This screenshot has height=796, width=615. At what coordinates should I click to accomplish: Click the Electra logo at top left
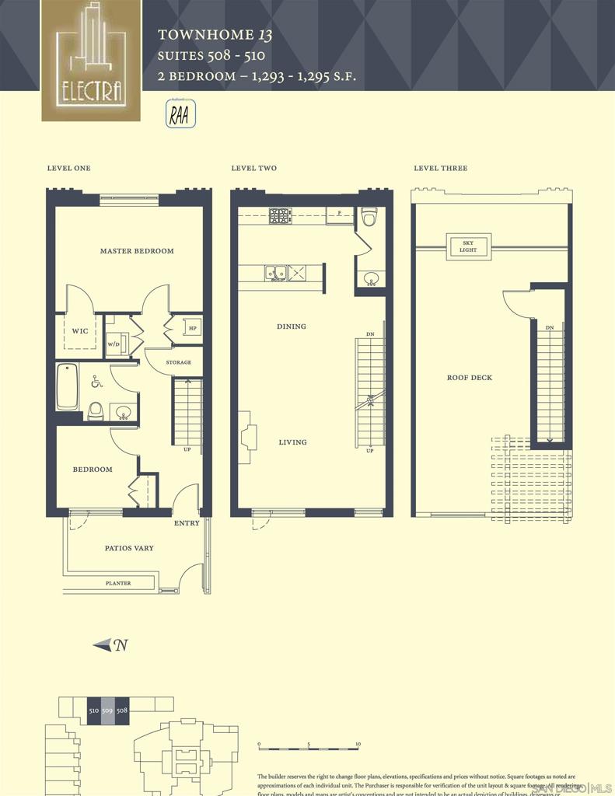91,61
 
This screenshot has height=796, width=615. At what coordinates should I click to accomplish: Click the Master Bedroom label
137,251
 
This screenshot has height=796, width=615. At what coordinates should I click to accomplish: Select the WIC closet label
80,331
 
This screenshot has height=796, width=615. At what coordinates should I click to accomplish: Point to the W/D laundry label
114,344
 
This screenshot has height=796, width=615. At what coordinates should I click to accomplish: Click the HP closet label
192,329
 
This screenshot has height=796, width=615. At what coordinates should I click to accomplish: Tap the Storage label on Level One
179,362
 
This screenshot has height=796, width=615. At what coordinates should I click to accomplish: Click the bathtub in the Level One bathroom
68,386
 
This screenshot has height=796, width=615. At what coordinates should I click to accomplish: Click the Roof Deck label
469,378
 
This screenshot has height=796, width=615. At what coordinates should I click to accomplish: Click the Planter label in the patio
118,583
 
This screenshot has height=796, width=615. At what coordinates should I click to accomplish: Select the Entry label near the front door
187,523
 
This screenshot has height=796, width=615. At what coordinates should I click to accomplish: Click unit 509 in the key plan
107,710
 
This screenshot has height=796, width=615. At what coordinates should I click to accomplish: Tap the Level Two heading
253,169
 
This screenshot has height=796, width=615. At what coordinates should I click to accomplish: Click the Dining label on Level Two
292,326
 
